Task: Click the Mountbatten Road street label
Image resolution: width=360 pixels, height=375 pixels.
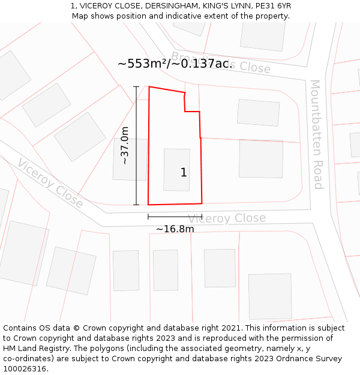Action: click(316, 134)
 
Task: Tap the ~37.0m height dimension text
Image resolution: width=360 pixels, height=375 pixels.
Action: click(125, 145)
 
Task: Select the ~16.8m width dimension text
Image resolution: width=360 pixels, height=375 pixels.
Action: click(175, 229)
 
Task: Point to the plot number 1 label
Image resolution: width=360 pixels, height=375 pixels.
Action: click(184, 173)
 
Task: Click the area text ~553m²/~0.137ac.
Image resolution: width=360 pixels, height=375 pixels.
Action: click(175, 64)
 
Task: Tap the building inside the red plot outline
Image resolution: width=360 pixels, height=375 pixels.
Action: click(176, 169)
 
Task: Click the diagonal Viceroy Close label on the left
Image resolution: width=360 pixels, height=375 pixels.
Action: click(50, 183)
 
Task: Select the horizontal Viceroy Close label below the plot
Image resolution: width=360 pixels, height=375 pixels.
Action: click(227, 218)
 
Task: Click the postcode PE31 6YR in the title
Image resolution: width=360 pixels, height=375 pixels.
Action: click(272, 6)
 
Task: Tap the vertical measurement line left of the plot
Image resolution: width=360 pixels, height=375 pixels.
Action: click(136, 146)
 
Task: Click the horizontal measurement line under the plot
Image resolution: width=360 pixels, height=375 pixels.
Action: click(175, 216)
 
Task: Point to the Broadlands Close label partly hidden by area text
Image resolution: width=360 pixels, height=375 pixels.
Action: click(249, 67)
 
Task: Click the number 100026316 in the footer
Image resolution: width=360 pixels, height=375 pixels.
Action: click(25, 368)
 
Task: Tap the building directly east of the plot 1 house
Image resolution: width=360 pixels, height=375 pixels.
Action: click(261, 158)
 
